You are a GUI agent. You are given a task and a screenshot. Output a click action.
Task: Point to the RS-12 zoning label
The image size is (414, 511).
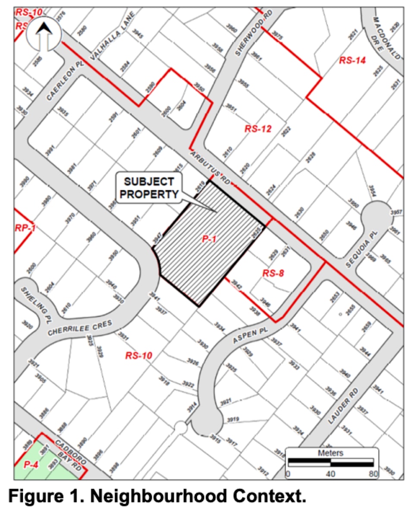click(258, 128)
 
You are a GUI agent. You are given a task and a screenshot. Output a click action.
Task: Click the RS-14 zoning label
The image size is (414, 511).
click(352, 60)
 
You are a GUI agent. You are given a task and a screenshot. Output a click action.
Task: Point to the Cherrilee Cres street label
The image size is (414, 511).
click(80, 328)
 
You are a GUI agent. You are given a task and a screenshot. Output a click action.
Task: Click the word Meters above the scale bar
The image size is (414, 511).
click(330, 453)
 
